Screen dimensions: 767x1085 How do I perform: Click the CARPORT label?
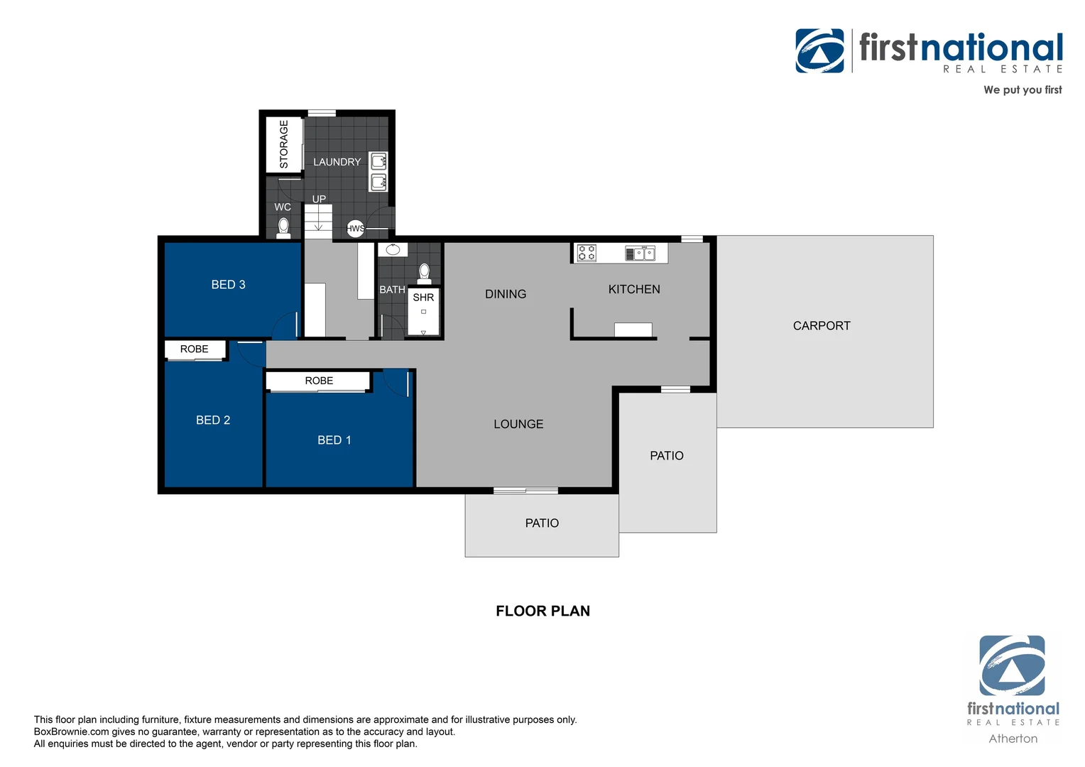tap(821, 326)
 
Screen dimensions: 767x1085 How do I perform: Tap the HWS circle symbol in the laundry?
tap(355, 228)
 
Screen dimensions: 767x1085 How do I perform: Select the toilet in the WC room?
tap(283, 227)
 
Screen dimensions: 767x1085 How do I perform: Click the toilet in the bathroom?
tap(425, 273)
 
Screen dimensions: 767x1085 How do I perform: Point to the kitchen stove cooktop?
tap(587, 253)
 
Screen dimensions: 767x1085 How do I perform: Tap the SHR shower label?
tap(423, 298)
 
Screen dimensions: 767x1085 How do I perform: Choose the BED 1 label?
tap(334, 440)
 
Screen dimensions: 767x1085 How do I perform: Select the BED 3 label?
tap(228, 285)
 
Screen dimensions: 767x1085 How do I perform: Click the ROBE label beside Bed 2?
tap(194, 349)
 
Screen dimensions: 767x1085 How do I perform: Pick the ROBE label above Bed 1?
tap(319, 381)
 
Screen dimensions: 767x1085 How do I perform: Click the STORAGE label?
tap(284, 144)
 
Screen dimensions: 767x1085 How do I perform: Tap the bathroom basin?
tap(393, 250)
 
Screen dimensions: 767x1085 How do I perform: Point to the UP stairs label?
tap(319, 199)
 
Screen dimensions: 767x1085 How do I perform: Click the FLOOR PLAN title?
tap(542, 611)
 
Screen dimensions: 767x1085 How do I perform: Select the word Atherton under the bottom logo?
tap(1013, 739)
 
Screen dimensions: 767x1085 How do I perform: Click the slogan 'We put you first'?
tap(1022, 89)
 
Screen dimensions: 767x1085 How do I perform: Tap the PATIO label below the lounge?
tap(542, 523)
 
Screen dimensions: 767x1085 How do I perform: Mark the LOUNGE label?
tap(518, 424)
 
